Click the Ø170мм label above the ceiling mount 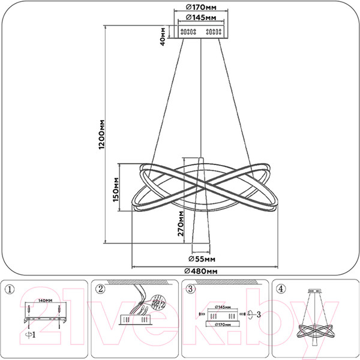pos(201,8)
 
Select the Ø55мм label pos(201,260)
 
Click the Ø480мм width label pos(202,271)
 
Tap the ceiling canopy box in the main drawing pos(201,32)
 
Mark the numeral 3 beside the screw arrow pos(258,314)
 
